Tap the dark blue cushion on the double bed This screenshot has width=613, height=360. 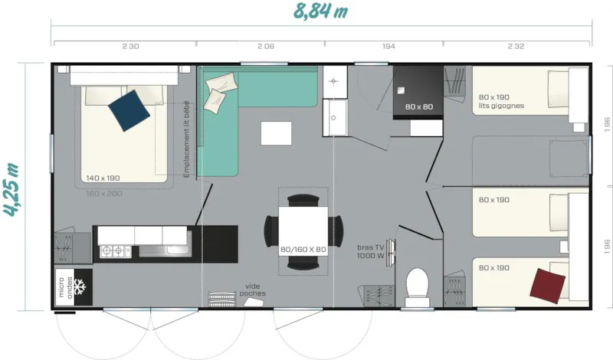click(129, 110)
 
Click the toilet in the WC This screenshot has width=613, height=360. click(418, 285)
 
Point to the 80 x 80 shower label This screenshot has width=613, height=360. click(419, 106)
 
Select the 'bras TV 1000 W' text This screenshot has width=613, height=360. click(371, 251)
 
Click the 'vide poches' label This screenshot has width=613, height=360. click(252, 290)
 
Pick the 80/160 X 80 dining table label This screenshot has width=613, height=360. click(303, 249)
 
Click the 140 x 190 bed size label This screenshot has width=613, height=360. click(103, 178)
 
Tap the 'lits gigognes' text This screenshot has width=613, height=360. click(501, 106)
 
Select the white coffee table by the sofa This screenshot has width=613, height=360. click(276, 133)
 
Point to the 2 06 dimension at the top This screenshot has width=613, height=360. click(265, 47)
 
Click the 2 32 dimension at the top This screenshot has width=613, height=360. click(515, 47)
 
